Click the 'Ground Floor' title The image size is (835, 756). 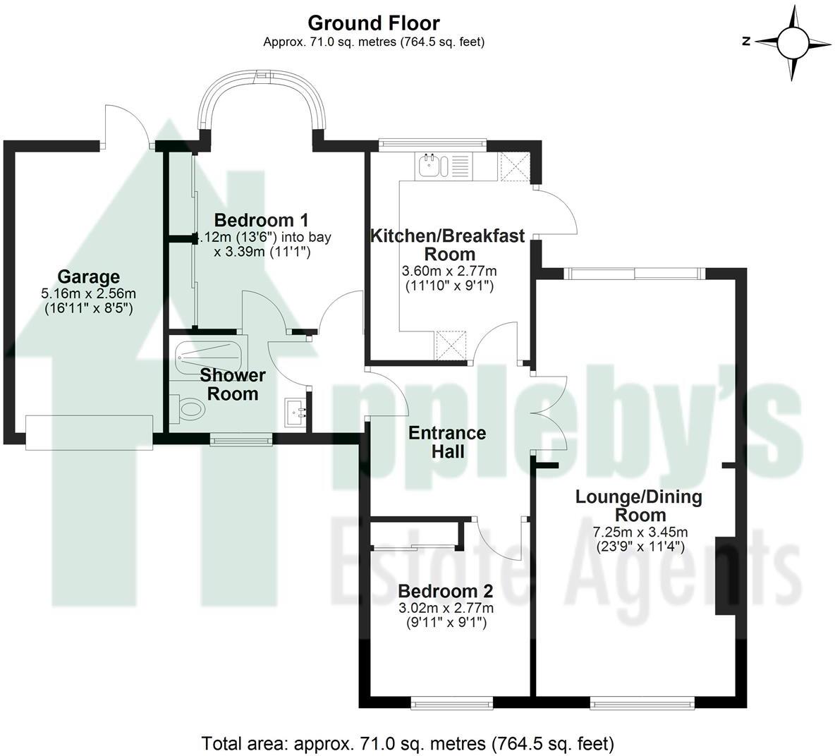[374, 24]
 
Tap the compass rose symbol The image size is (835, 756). [793, 42]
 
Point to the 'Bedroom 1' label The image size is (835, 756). [262, 220]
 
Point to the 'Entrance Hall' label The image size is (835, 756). [448, 441]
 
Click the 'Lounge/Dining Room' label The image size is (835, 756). [639, 505]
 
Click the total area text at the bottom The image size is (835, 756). [408, 743]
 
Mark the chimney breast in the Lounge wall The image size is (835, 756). [724, 575]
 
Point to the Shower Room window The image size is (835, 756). [241, 441]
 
